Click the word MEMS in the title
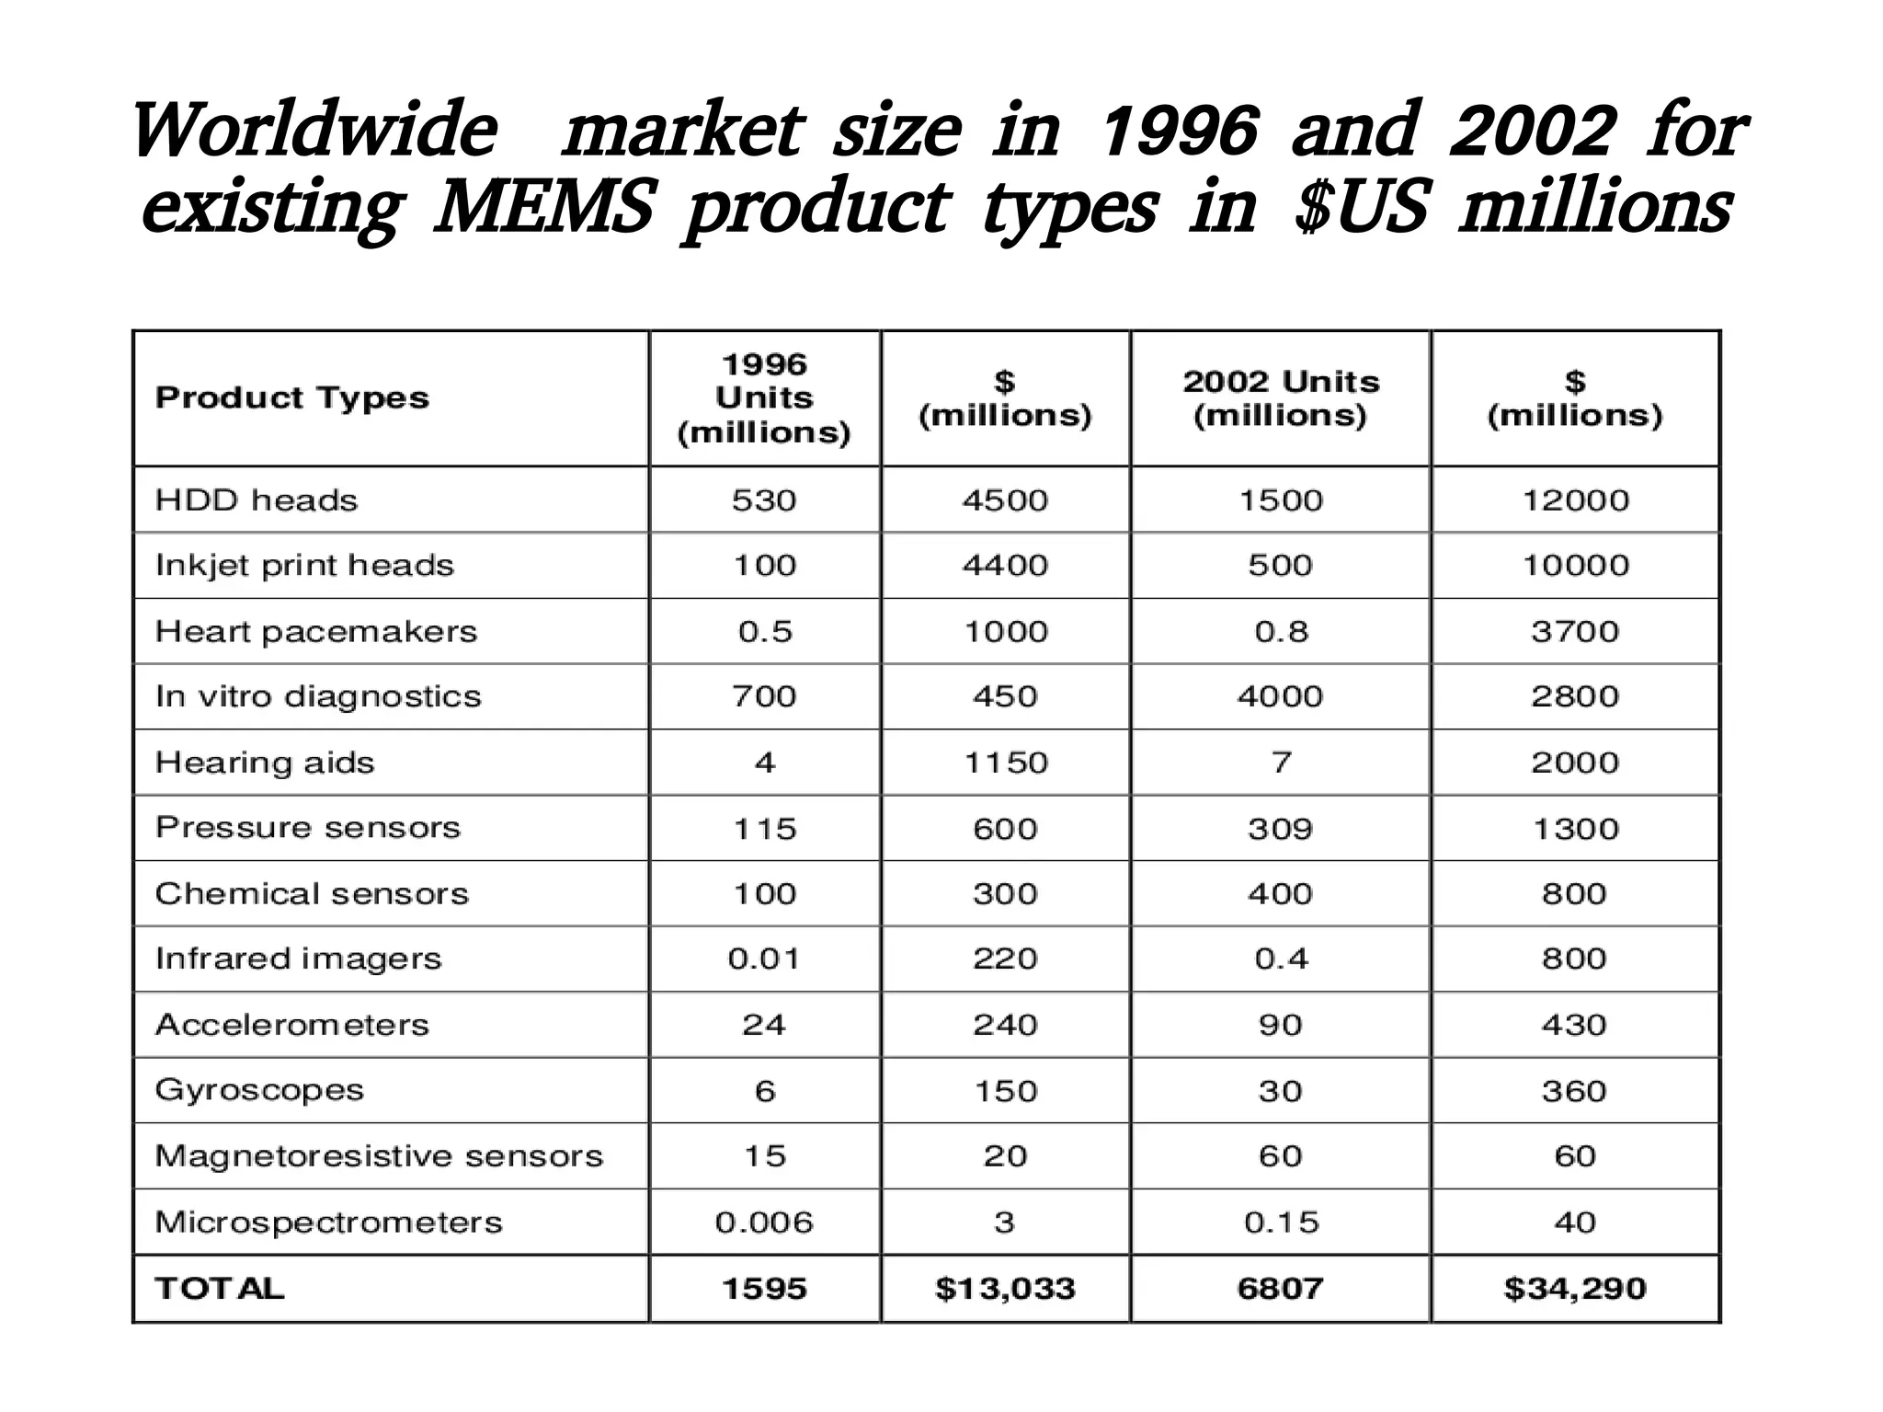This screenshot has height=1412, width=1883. pyautogui.click(x=543, y=207)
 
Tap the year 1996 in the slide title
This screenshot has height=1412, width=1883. pyautogui.click(x=1180, y=132)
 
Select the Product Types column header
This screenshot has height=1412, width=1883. pyautogui.click(x=291, y=397)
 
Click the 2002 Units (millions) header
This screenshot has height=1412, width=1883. pyautogui.click(x=1281, y=398)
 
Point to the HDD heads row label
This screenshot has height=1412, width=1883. pyautogui.click(x=257, y=500)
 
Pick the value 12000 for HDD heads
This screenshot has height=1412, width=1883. pyautogui.click(x=1575, y=500)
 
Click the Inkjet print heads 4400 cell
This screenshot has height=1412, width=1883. pyautogui.click(x=1005, y=565)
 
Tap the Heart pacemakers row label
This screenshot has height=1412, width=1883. pyautogui.click(x=316, y=632)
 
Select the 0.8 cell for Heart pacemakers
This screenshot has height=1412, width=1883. pyautogui.click(x=1281, y=632)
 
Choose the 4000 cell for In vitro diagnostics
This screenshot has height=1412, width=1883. pyautogui.click(x=1280, y=696)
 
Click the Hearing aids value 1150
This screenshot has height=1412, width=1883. pyautogui.click(x=1005, y=763)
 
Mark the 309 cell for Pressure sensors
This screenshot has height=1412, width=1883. pyautogui.click(x=1280, y=829)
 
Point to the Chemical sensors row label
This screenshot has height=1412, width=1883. pyautogui.click(x=312, y=894)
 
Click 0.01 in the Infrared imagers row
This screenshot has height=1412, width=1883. pyautogui.click(x=764, y=959)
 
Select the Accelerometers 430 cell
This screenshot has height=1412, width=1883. pyautogui.click(x=1574, y=1025)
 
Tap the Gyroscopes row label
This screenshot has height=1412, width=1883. pyautogui.click(x=259, y=1090)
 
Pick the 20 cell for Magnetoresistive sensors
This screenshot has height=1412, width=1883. pyautogui.click(x=1005, y=1156)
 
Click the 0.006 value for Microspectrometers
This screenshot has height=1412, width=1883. pyautogui.click(x=764, y=1223)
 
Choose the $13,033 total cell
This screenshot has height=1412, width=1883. pyautogui.click(x=1005, y=1289)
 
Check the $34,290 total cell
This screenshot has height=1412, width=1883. pyautogui.click(x=1574, y=1289)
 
